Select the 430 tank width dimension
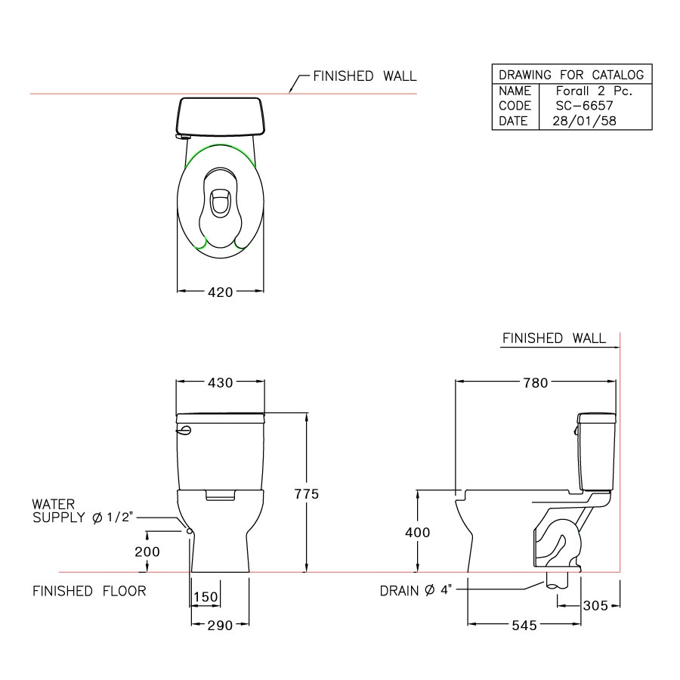point(220,382)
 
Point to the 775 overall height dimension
point(307,494)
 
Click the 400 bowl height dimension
point(418,533)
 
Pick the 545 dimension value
point(523,626)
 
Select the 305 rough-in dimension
point(595,605)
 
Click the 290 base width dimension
point(219,626)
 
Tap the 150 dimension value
point(205,598)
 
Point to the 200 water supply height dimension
point(148,552)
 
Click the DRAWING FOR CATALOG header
point(571,74)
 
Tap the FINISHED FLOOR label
point(89,591)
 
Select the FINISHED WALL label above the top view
point(364,76)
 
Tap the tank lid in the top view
point(220,116)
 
